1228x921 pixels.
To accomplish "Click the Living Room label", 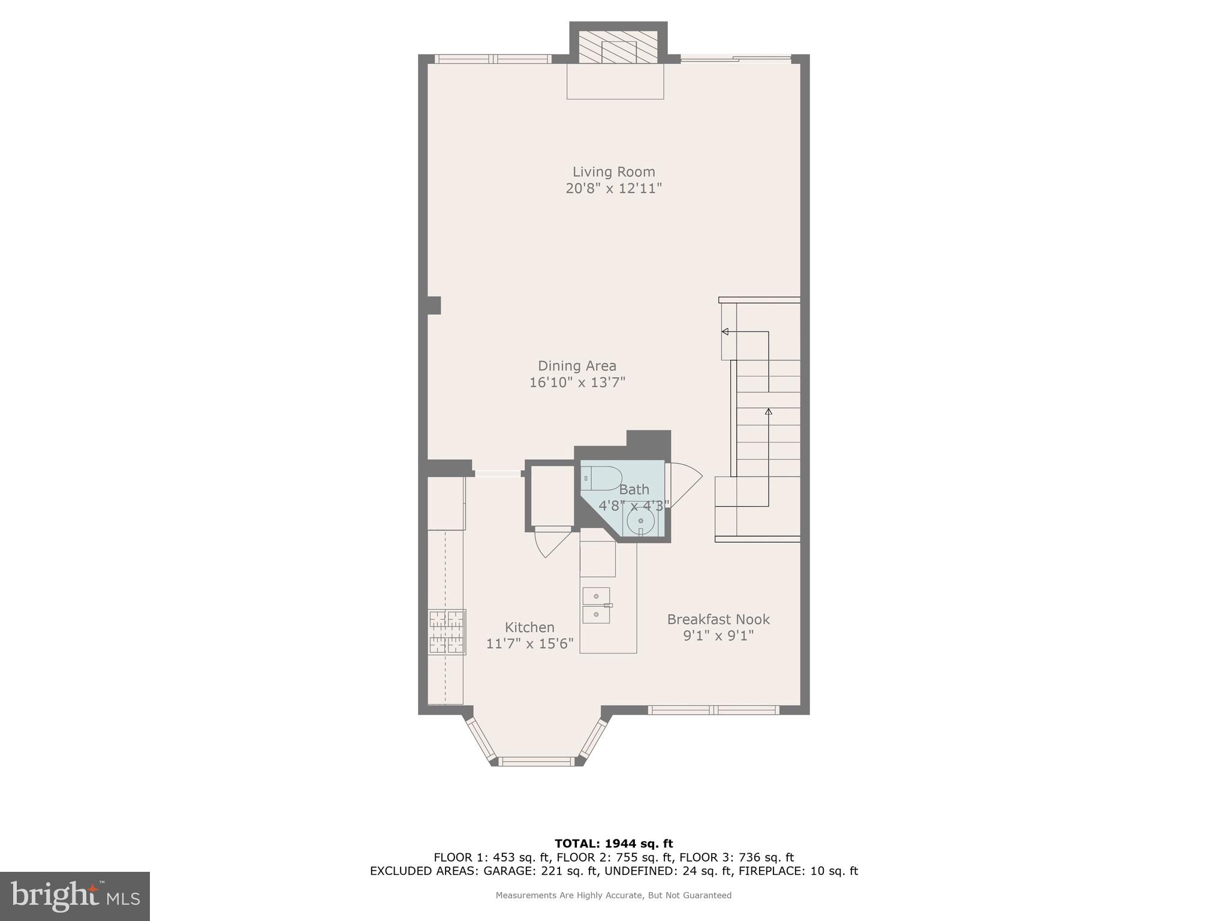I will coord(613,172).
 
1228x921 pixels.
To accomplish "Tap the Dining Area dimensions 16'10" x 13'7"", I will coord(577,383).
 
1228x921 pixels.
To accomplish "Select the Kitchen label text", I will coord(529,627).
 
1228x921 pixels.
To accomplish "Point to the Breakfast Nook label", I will coord(718,619).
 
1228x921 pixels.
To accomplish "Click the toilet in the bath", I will coord(601,478).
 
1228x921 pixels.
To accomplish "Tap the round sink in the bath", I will coord(640,520).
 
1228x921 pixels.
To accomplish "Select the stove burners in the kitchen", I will coord(447,631).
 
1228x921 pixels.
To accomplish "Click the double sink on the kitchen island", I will coord(597,605).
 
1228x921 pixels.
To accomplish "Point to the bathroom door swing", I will coord(684,484).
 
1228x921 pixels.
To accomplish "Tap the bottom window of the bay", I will coord(537,762).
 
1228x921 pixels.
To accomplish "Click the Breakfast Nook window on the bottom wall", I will coord(714,710).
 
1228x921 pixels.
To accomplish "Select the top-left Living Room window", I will coord(492,59).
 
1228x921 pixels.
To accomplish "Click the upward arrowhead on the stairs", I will coord(768,411).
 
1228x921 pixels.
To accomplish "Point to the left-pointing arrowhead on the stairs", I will coord(725,332).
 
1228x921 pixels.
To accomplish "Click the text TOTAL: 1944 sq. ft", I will coord(613,844).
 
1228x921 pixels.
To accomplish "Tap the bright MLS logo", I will coord(75,896).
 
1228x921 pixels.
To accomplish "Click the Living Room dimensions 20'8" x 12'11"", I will coord(613,188).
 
